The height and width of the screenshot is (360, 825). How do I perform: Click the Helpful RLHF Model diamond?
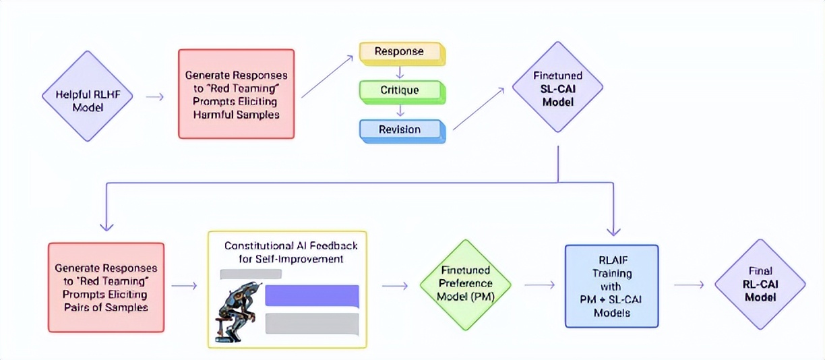coord(86,96)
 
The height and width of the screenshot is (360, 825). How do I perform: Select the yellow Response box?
coord(400,53)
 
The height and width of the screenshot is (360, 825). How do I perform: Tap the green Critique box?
coord(400,90)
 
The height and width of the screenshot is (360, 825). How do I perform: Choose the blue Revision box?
coord(400,129)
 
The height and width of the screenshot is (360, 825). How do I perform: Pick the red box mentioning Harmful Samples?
coord(236,94)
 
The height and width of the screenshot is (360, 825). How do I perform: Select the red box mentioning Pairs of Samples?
coord(106,287)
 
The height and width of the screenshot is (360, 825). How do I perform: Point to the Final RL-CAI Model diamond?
coord(760,284)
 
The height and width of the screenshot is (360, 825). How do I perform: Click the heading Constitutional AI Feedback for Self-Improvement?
coord(291,252)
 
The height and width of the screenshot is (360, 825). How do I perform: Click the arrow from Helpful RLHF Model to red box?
coord(154,96)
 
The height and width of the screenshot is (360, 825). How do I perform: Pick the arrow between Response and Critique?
coord(400,71)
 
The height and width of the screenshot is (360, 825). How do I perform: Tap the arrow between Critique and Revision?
coord(400,109)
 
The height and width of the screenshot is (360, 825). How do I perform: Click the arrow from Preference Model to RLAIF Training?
coord(539,285)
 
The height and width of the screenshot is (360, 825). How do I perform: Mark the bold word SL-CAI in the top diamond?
coord(557,90)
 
